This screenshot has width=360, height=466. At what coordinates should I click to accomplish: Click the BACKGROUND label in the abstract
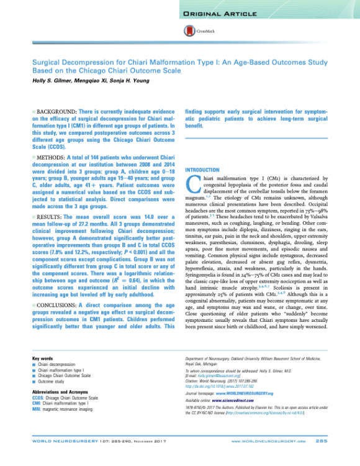click(56, 109)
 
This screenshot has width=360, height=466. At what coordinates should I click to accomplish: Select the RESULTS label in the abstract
click(52, 216)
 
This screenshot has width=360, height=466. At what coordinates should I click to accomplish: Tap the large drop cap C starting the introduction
click(192, 183)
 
